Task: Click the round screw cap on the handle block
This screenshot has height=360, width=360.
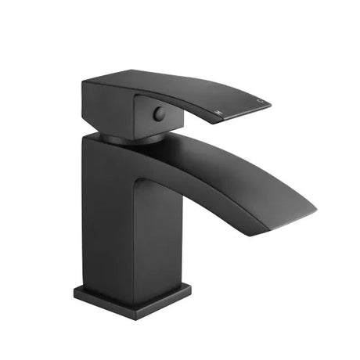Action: click(159, 113)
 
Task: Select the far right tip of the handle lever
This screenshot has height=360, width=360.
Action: click(270, 99)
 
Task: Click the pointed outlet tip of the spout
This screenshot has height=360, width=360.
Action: click(315, 210)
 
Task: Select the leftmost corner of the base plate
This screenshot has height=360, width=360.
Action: click(75, 291)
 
